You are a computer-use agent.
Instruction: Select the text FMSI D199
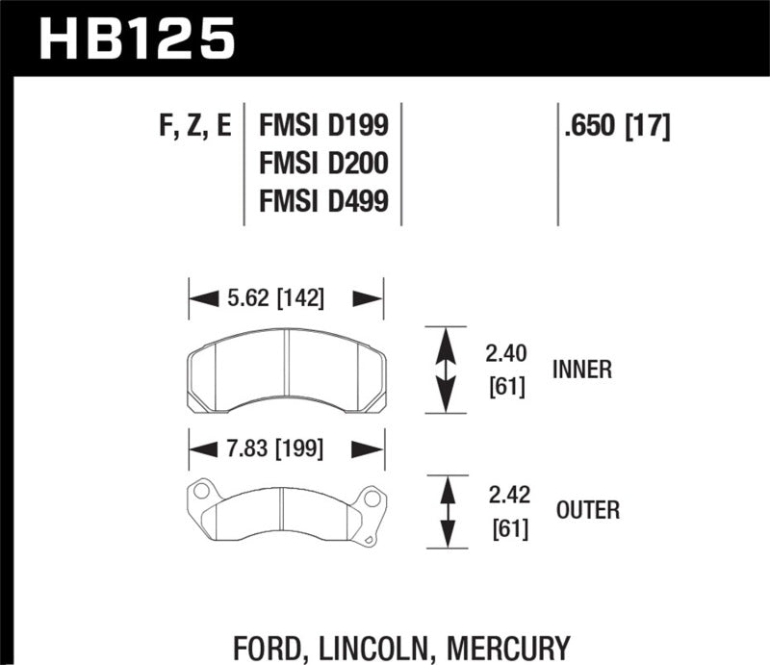tap(323, 126)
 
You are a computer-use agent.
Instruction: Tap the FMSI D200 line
tap(323, 164)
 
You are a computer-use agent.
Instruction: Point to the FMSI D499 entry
tap(323, 202)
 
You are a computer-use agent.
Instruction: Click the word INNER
tap(582, 370)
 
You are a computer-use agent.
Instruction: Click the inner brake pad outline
tap(285, 371)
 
